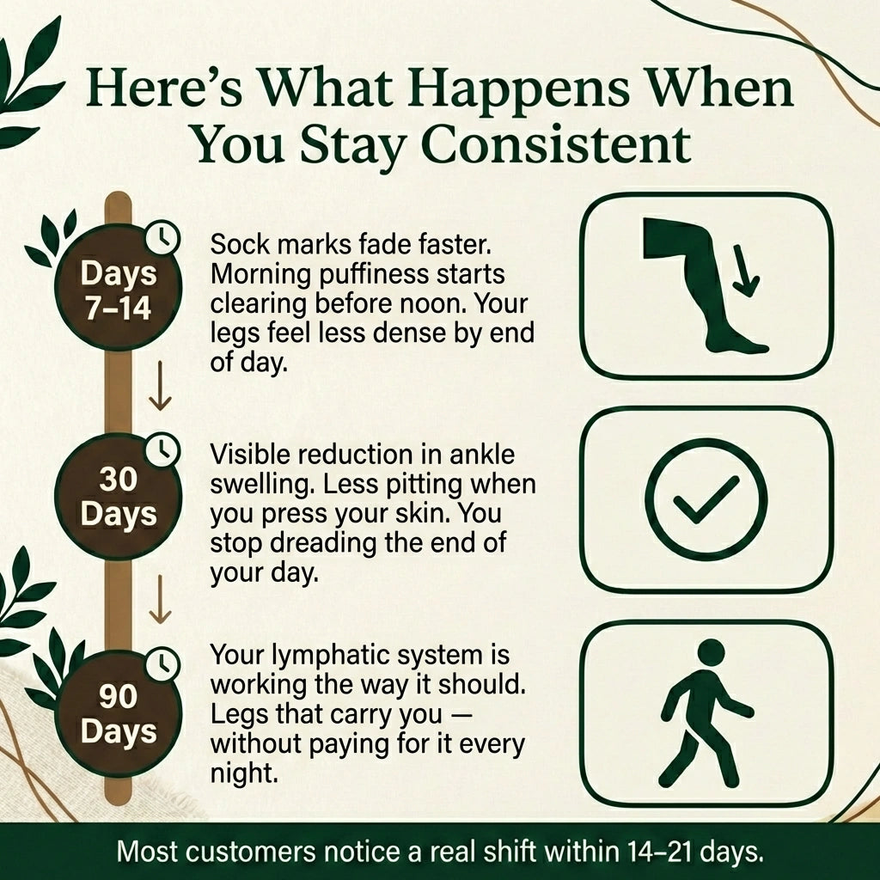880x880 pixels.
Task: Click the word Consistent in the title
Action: click(x=556, y=144)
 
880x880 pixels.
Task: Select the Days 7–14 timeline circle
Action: click(x=118, y=287)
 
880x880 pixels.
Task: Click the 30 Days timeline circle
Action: click(x=118, y=496)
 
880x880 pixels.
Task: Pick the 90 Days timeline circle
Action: click(x=118, y=713)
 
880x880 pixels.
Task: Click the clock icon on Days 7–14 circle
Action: click(x=162, y=238)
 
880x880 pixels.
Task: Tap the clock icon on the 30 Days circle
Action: click(x=162, y=449)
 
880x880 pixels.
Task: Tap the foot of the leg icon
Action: click(x=736, y=342)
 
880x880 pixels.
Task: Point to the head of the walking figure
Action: click(x=711, y=653)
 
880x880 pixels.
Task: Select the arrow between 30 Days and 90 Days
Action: click(x=160, y=599)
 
